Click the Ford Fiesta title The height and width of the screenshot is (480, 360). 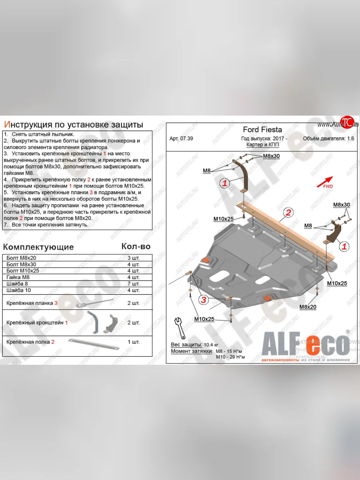pos(262,130)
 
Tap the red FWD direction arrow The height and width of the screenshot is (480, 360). pos(326,182)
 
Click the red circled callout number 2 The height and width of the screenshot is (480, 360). pos(288,212)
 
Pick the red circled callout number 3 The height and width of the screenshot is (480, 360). pos(204,300)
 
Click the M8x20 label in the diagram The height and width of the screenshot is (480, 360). pos(308,307)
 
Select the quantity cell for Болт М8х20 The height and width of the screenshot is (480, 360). pos(134,258)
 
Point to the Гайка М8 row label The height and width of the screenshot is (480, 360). pos(19,277)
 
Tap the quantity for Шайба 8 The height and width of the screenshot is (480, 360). pos(134,284)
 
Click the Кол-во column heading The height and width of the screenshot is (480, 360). pos(136,246)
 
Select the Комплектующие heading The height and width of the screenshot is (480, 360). pos(38,247)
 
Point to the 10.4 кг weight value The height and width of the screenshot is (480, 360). pos(208,344)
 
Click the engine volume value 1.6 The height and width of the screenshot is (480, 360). pos(350,139)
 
